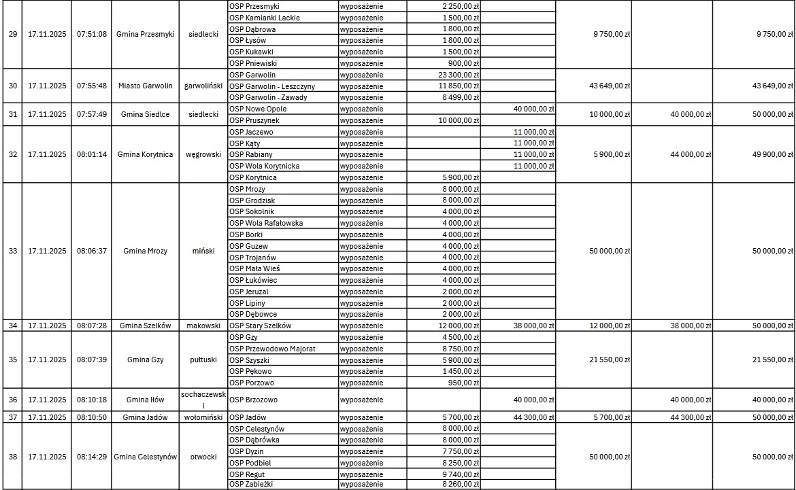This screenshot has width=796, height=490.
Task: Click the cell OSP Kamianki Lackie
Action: coord(264,18)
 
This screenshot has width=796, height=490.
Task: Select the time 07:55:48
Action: coord(92,86)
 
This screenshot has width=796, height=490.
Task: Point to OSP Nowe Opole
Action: coord(258,109)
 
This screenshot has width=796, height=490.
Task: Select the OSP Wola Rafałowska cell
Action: coord(266,223)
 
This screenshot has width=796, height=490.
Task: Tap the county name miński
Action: coord(203,251)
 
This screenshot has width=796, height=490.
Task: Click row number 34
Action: coord(13,326)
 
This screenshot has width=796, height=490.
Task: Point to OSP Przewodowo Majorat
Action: coord(272,349)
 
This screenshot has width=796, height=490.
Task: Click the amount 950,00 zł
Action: coord(465,383)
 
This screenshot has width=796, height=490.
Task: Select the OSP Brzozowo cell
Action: coord(253,400)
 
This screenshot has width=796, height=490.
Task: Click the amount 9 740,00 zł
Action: coord(461,474)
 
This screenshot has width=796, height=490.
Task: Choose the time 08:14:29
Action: coord(92,457)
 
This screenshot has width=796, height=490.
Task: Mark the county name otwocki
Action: coord(203,457)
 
